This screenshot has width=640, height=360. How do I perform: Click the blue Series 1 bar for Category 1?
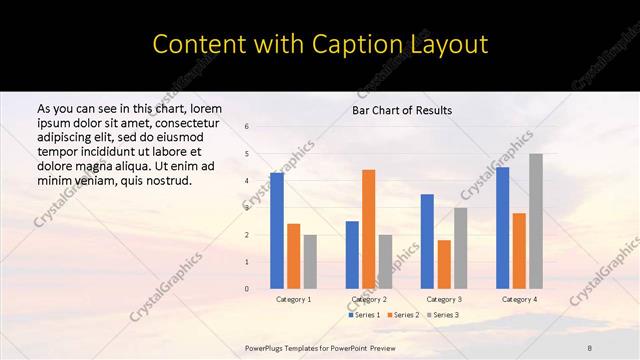pyautogui.click(x=277, y=231)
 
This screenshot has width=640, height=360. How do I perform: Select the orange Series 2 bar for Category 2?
pyautogui.click(x=369, y=229)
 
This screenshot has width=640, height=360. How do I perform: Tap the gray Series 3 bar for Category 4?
pyautogui.click(x=536, y=221)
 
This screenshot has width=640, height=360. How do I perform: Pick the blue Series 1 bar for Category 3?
pyautogui.click(x=427, y=241)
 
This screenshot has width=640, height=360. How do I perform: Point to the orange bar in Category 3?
pyautogui.click(x=444, y=264)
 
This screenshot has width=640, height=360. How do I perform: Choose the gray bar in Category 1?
pyautogui.click(x=310, y=262)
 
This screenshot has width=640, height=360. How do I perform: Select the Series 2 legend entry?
pyautogui.click(x=402, y=315)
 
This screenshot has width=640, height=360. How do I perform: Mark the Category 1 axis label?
pyautogui.click(x=293, y=299)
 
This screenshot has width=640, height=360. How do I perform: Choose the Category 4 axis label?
pyautogui.click(x=519, y=299)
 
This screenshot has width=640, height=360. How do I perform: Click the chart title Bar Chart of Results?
pyautogui.click(x=402, y=110)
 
